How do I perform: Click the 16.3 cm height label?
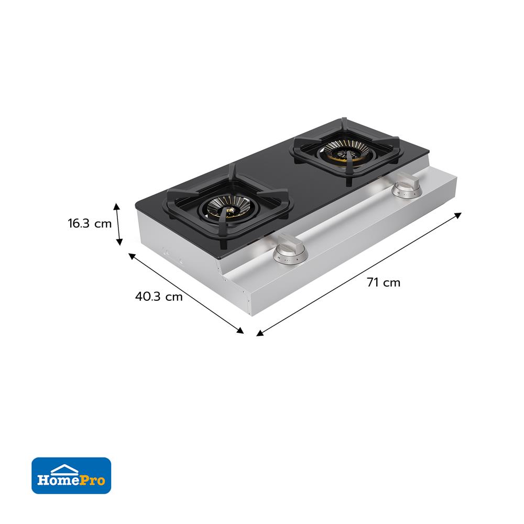[x=90, y=223]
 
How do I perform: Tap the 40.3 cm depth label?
[x=159, y=297]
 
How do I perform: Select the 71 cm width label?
[x=384, y=282]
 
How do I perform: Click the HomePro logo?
[x=71, y=476]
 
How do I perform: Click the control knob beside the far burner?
[x=407, y=186]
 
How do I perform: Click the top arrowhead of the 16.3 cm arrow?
[x=116, y=206]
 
